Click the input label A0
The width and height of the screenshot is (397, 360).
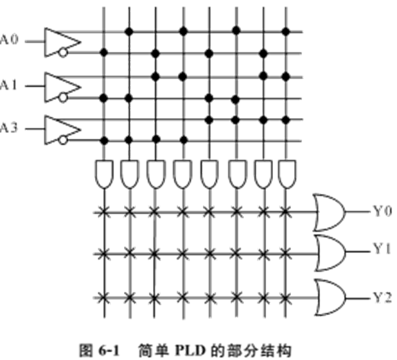tap(10, 41)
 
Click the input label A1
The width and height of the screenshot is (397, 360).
tap(10, 85)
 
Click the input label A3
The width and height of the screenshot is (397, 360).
tap(10, 128)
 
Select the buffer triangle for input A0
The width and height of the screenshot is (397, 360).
tap(61, 42)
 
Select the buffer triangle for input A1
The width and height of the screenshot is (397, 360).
tap(61, 85)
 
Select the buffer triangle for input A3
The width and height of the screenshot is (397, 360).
tap(61, 128)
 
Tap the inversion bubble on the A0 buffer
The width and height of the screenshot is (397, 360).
tap(62, 53)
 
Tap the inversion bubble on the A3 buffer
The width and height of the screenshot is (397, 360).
tap(62, 141)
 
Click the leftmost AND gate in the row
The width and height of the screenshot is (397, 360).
tap(103, 173)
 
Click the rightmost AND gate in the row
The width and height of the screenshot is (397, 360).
tap(286, 173)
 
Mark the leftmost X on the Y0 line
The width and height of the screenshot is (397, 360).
tap(103, 211)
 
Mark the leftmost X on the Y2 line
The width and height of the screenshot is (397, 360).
tap(103, 297)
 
